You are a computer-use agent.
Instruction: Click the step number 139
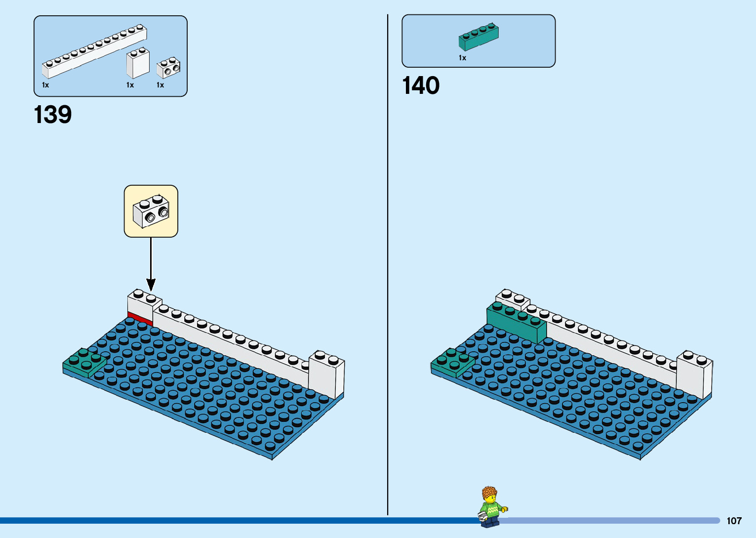click(x=53, y=115)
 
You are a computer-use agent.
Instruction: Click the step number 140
click(x=421, y=85)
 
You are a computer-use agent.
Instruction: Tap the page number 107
click(x=734, y=521)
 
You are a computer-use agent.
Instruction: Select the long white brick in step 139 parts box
click(x=94, y=52)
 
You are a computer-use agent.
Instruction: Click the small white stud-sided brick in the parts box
click(x=168, y=68)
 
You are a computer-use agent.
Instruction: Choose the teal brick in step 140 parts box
click(x=478, y=37)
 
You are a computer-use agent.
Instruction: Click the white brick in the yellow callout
click(x=151, y=211)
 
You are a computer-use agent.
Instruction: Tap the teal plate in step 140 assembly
click(x=452, y=363)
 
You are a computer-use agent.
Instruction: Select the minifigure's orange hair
click(x=489, y=493)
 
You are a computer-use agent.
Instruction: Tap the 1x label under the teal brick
click(x=462, y=58)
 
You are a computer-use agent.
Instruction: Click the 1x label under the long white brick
click(x=45, y=85)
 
